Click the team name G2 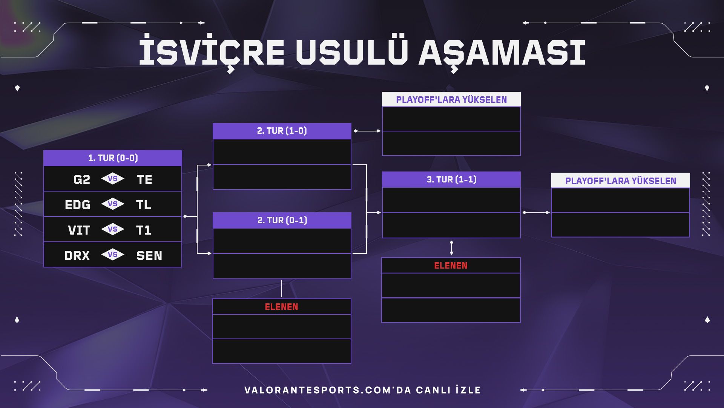tap(82, 179)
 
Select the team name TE tap(144, 179)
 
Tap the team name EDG tap(78, 205)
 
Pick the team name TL tap(144, 205)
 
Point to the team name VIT tap(79, 230)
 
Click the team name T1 tap(144, 230)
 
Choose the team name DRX tap(77, 255)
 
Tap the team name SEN tap(149, 255)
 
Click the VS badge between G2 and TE tap(113, 179)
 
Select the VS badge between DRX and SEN tap(113, 255)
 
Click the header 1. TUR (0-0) tap(113, 158)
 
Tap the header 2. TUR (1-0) tap(282, 131)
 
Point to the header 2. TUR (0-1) tap(282, 220)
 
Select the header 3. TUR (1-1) tap(451, 179)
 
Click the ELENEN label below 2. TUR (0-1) tap(282, 307)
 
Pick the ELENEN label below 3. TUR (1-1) tap(451, 266)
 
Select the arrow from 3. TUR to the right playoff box tap(536, 213)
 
